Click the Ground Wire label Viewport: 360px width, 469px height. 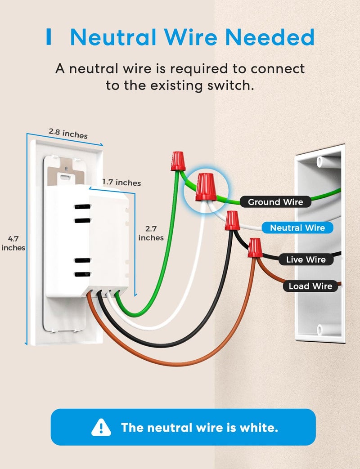click(275, 202)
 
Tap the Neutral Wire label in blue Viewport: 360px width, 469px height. click(297, 228)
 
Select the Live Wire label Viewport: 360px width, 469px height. click(306, 259)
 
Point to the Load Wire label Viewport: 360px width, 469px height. click(310, 286)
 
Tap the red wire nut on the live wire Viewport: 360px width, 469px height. click(232, 220)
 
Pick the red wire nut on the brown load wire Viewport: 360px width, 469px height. click(255, 248)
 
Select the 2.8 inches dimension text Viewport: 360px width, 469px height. click(68, 133)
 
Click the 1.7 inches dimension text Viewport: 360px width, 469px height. click(121, 183)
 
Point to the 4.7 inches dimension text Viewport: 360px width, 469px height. click(13, 243)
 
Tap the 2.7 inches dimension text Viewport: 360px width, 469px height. click(151, 233)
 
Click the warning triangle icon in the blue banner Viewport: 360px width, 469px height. click(101, 427)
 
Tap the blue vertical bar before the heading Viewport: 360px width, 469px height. click(49, 38)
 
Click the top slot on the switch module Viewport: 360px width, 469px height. click(82, 207)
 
